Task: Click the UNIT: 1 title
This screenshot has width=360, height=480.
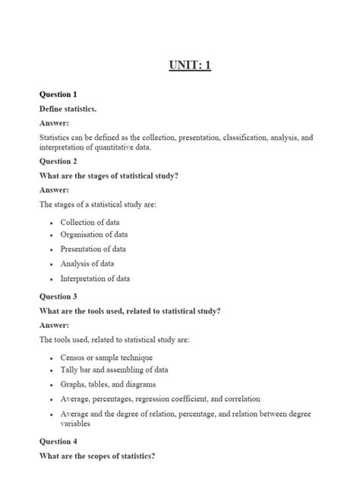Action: (x=190, y=65)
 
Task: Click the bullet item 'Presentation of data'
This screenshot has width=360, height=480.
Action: (x=93, y=249)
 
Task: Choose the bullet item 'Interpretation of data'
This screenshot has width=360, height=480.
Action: (x=95, y=278)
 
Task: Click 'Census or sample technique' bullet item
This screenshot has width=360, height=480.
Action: (x=106, y=357)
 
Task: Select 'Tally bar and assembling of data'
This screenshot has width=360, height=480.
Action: (x=114, y=370)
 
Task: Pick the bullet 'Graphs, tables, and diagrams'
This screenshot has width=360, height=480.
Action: (x=109, y=384)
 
